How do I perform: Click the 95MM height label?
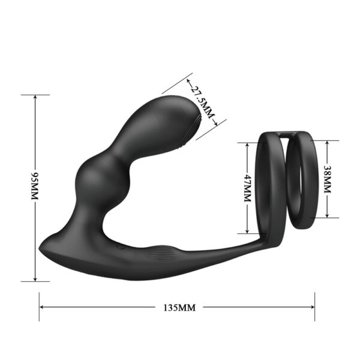(x=35, y=187)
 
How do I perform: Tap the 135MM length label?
(x=179, y=308)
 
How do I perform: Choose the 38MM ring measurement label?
(x=327, y=179)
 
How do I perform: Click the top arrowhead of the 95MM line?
(x=35, y=97)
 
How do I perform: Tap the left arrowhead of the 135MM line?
(x=42, y=308)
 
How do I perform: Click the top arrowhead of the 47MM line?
(x=247, y=145)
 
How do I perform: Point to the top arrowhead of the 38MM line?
(x=327, y=143)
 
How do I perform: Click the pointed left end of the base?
(x=41, y=247)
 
